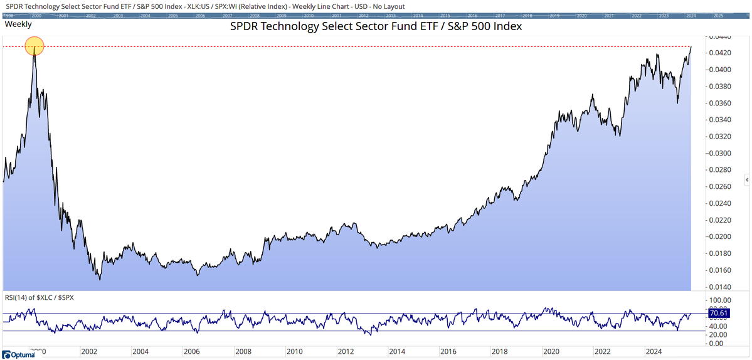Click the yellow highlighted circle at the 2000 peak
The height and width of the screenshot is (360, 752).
pos(34,46)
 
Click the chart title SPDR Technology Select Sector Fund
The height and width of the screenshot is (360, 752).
pos(376,28)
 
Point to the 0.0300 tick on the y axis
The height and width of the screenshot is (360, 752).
pos(719,153)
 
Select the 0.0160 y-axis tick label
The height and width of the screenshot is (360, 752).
pos(719,270)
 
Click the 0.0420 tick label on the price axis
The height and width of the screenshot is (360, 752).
pos(719,53)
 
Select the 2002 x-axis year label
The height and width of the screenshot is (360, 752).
pos(89,352)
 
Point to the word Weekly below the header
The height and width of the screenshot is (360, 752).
pos(18,24)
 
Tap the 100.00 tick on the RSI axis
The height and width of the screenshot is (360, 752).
pos(721,301)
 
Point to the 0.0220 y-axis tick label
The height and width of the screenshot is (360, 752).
pos(719,220)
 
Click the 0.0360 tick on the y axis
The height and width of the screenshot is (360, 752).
pos(719,103)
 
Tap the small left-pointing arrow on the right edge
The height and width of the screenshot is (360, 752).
pos(748,181)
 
